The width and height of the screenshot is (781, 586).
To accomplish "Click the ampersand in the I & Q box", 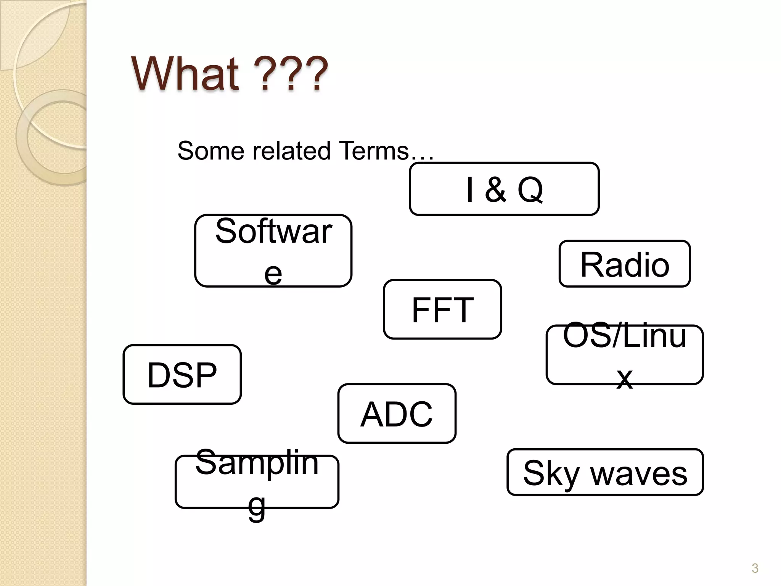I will (495, 190).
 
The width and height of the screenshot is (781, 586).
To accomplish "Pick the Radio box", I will (625, 264).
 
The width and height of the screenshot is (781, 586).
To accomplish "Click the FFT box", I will (442, 309).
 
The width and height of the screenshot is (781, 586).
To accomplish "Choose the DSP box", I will (182, 375).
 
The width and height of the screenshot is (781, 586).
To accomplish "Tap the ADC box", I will (397, 414).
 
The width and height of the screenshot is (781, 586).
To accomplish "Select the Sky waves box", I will (605, 472).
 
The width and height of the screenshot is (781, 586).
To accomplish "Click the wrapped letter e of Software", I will (273, 274).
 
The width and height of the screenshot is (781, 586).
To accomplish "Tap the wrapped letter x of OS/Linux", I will (625, 378).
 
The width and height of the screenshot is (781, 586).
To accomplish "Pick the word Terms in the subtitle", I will (374, 151).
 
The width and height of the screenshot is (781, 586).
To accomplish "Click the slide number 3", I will (755, 568).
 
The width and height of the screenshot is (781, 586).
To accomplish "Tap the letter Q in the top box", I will (530, 190).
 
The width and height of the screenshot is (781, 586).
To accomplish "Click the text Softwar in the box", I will (273, 231).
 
